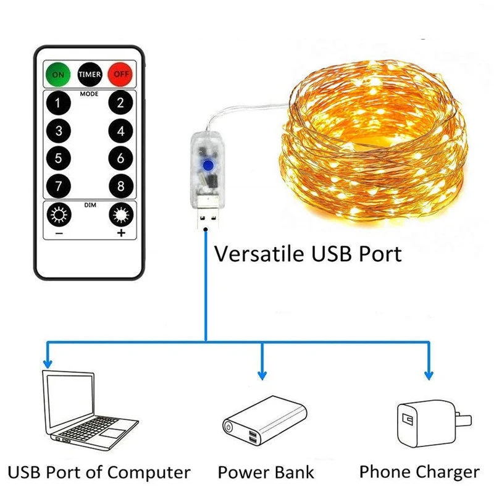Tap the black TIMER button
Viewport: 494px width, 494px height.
click(90, 74)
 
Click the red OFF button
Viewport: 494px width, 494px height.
click(120, 74)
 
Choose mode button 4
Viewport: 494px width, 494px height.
click(120, 131)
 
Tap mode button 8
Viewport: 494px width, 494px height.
click(120, 185)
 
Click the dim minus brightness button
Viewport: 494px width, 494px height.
click(59, 216)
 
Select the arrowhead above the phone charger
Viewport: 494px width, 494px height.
click(427, 374)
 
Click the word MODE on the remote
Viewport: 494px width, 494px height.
click(90, 95)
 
